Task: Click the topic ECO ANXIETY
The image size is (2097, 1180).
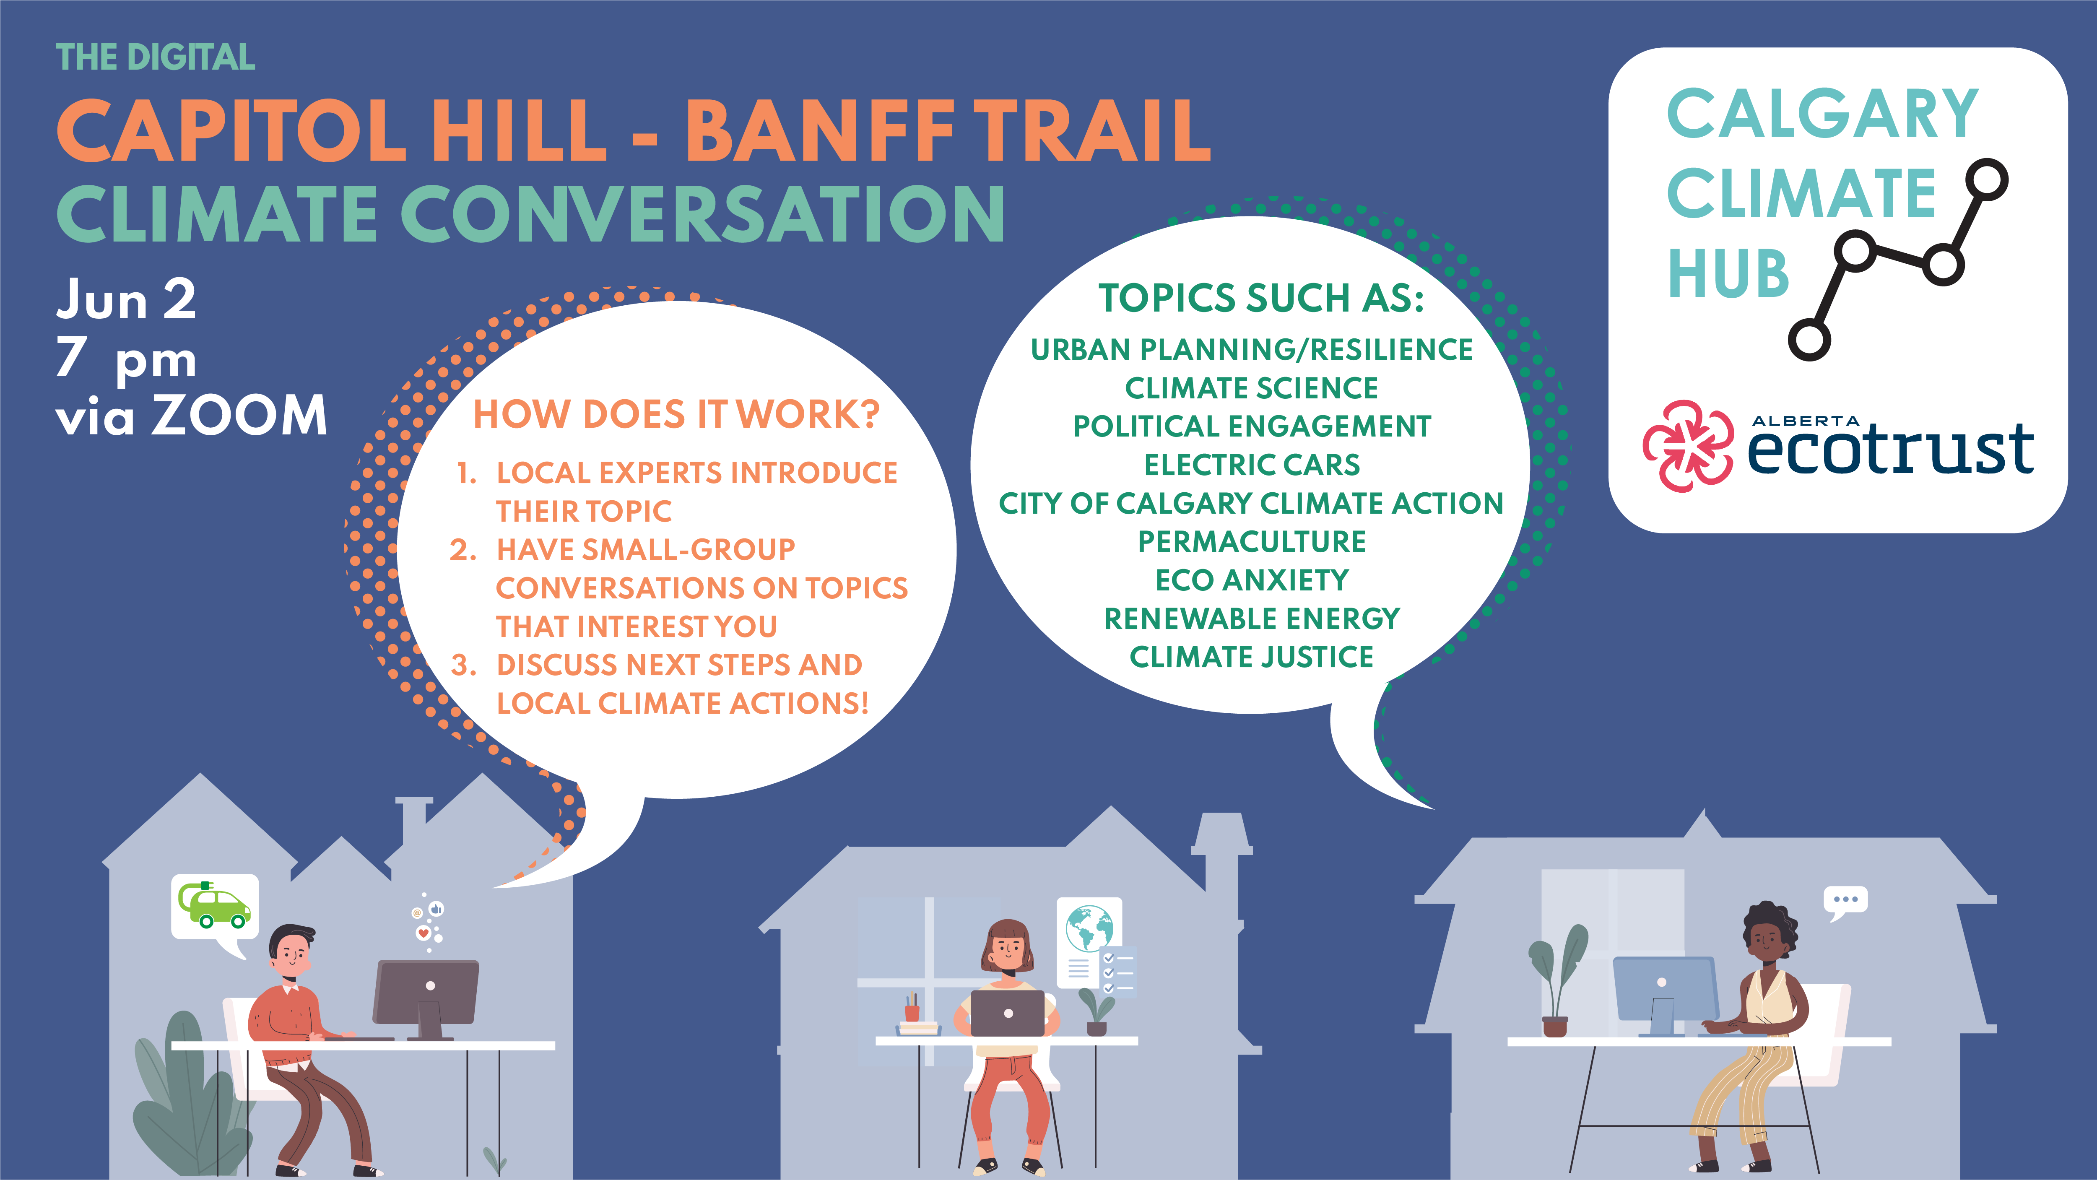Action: point(1251,580)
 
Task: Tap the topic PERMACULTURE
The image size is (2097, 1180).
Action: point(1251,541)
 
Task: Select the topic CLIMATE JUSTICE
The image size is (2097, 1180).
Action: point(1251,656)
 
